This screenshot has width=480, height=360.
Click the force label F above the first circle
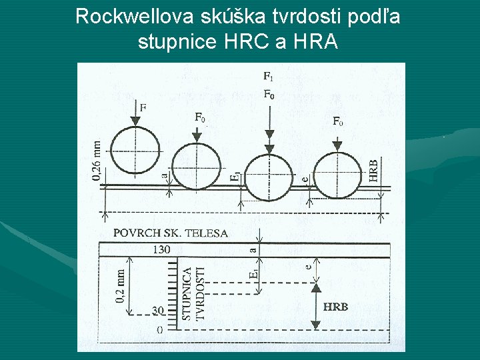[143, 107]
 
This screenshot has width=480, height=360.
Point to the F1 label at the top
[268, 77]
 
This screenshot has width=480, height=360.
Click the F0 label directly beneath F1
[268, 95]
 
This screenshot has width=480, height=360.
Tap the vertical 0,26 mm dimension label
[97, 159]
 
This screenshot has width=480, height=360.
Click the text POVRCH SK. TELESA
[171, 233]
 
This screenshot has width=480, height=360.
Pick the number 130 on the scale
[161, 249]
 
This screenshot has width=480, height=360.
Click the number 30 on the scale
[158, 311]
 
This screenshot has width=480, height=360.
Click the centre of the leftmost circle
[135, 150]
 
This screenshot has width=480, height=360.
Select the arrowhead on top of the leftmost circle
[135, 121]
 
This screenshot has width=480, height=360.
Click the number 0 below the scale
[159, 329]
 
